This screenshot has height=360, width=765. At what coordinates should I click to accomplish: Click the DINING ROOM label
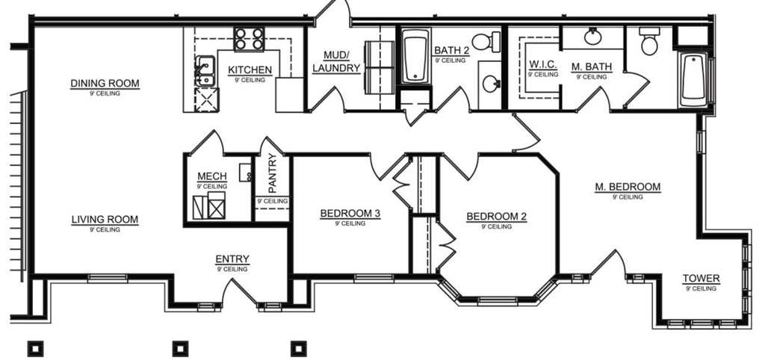tap(105, 83)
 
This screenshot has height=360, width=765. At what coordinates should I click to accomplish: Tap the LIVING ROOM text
tap(105, 220)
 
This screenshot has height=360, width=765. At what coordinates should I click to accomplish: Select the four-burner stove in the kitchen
tap(249, 39)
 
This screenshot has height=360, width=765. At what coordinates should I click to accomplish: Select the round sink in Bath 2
tap(491, 84)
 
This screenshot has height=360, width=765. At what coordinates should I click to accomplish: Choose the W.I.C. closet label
tap(543, 66)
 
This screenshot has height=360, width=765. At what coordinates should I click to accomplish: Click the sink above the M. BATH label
tap(594, 36)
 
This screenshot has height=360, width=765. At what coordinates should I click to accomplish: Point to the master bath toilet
tap(648, 43)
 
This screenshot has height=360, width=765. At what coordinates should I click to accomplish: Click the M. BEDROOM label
tap(628, 187)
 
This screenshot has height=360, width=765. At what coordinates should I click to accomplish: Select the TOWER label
tap(701, 279)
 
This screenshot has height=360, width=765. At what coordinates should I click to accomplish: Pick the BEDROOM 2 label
tap(497, 217)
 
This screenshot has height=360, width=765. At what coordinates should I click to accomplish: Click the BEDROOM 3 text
tap(350, 214)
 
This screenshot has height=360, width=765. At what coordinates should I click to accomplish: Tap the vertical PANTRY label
tap(272, 173)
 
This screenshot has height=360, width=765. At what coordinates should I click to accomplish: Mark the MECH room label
tap(211, 176)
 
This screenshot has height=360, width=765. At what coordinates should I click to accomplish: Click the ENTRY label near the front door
tap(232, 259)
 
